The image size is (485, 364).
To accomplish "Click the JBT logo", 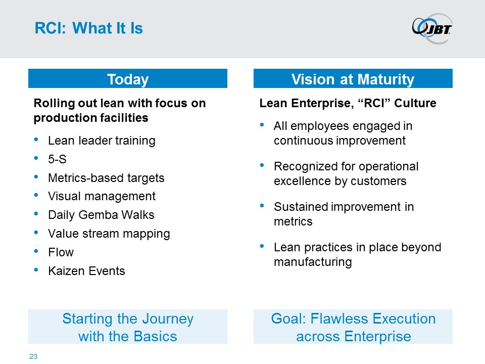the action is (432, 28).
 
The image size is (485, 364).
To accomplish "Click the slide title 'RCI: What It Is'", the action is (89, 28).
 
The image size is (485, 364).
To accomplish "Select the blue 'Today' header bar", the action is (128, 79).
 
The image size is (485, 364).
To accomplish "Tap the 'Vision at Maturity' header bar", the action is (353, 79).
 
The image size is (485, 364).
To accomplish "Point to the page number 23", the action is (33, 356).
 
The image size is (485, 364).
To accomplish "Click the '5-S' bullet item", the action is (57, 159).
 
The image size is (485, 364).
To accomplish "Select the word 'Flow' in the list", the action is (61, 252).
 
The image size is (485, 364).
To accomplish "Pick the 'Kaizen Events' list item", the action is (86, 271).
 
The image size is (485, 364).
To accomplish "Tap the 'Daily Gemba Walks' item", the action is (101, 215).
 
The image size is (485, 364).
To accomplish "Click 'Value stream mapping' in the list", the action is (109, 234).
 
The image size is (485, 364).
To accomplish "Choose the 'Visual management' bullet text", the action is (102, 196).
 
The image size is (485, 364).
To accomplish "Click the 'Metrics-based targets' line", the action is (106, 178).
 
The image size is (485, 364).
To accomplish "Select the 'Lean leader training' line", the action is (102, 141).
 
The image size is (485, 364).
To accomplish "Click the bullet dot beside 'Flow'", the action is (36, 251).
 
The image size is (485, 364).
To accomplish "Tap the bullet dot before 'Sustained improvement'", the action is (262, 206).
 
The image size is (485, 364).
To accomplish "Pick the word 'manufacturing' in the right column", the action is (313, 262).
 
